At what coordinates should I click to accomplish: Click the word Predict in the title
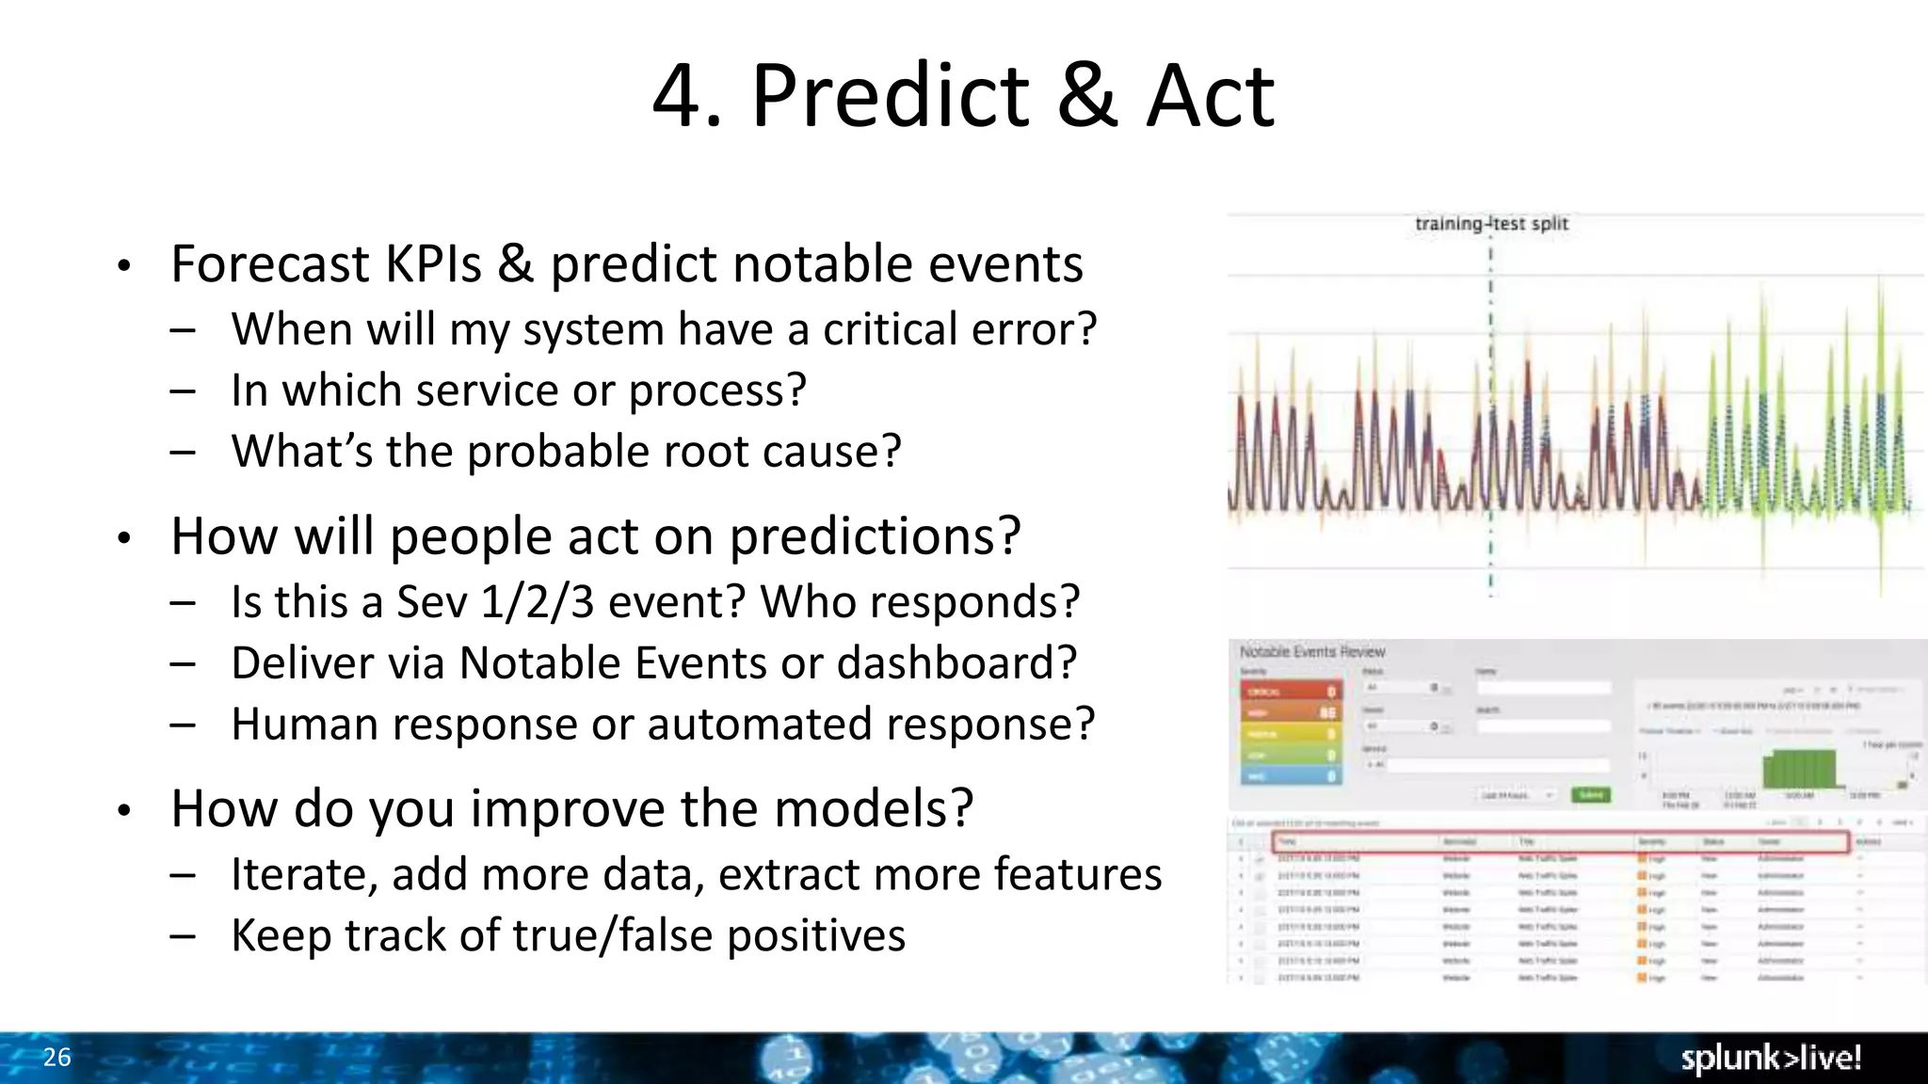click(x=890, y=96)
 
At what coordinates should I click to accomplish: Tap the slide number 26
click(x=56, y=1057)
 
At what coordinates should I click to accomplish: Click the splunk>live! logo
click(x=1771, y=1058)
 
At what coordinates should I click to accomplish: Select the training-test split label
click(x=1491, y=224)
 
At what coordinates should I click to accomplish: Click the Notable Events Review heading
click(x=1311, y=651)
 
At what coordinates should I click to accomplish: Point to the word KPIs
click(x=433, y=264)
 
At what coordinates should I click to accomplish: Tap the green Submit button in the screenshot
click(x=1590, y=795)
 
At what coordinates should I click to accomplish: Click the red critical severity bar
click(x=1290, y=692)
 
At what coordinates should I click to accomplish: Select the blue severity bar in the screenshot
click(x=1290, y=776)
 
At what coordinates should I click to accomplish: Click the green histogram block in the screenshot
click(x=1799, y=769)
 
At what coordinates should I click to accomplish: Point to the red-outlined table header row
click(x=1560, y=841)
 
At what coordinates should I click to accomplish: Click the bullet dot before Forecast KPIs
click(x=123, y=266)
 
